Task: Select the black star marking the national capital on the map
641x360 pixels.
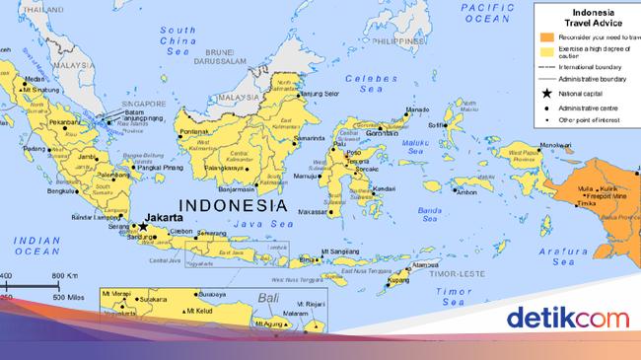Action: [x=143, y=225]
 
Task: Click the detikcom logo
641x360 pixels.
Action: [x=567, y=319]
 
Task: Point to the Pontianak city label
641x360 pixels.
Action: [x=194, y=131]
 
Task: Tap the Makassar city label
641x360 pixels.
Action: [x=313, y=211]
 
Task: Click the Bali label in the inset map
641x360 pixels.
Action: [x=257, y=299]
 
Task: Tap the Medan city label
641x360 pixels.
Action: [x=35, y=79]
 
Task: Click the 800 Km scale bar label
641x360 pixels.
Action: [x=64, y=275]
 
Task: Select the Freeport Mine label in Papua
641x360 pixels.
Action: [x=612, y=194]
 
